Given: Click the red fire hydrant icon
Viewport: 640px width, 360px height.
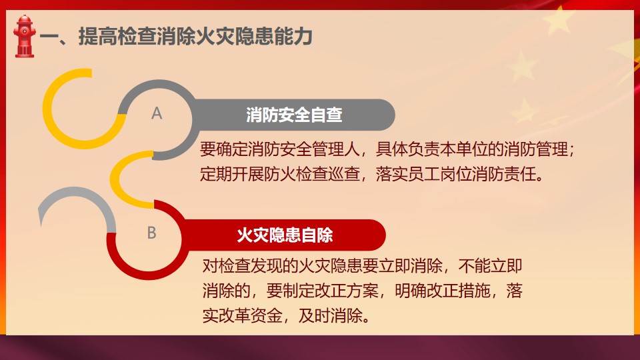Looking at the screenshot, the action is point(25,36).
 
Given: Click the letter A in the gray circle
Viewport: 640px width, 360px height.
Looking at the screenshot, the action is point(157,113).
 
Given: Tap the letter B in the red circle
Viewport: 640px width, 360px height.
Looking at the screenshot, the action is point(152,233).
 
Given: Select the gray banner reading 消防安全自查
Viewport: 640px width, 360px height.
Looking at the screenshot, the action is point(294,115).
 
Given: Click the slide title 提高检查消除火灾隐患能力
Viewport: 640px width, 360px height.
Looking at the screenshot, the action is point(195,36).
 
